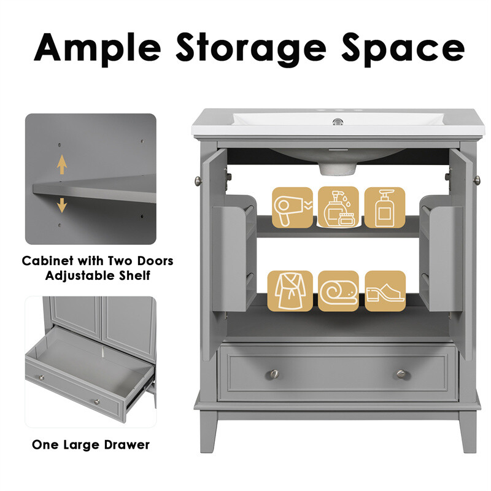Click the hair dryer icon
[292, 207]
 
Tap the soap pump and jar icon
[338, 207]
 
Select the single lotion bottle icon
[385, 207]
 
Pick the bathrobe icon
[290, 291]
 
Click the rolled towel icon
[338, 291]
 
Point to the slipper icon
[385, 291]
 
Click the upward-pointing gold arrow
[62, 164]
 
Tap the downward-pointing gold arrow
[62, 205]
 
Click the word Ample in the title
[97, 48]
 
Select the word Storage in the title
[251, 49]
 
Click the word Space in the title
[403, 49]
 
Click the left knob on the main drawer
[274, 374]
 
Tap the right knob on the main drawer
[401, 374]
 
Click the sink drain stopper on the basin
[338, 122]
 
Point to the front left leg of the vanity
[208, 431]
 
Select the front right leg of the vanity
[468, 431]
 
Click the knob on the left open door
[198, 180]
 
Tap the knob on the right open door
[477, 180]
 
